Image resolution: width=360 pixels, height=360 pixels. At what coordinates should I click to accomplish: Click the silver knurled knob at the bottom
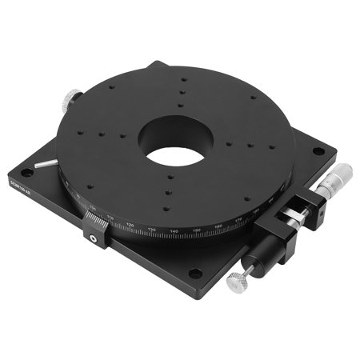tap(238, 281)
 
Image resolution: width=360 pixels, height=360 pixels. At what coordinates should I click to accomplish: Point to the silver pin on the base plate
tap(47, 162)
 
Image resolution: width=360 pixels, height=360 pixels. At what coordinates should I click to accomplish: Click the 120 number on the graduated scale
tap(130, 226)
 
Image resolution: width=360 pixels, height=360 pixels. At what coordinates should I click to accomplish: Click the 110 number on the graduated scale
tap(113, 219)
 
